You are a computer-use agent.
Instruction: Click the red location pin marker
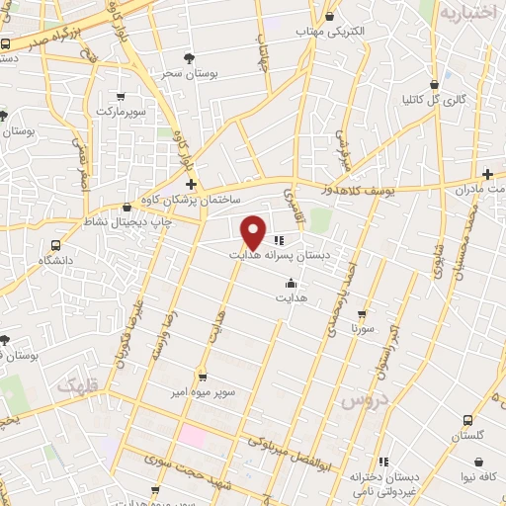[254, 232]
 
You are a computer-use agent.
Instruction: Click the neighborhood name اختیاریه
[466, 14]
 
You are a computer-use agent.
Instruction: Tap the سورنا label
[359, 328]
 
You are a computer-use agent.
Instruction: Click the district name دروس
[362, 401]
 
